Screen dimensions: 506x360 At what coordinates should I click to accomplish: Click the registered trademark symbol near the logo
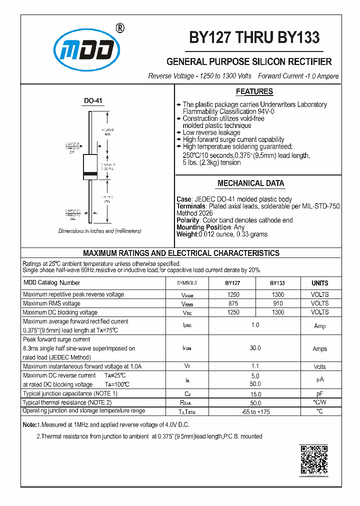coord(119,28)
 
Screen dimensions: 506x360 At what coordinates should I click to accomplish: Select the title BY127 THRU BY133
coord(254,38)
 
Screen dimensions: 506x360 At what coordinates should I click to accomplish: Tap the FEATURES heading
coord(254,91)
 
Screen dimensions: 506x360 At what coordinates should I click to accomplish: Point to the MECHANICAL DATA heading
coord(251,183)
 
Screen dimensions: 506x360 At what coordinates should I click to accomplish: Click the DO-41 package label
coord(93,101)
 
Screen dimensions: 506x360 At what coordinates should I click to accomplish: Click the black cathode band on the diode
coord(90,174)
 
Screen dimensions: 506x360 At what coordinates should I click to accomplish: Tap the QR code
coord(313,459)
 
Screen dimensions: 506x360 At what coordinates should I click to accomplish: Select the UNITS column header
coord(319,283)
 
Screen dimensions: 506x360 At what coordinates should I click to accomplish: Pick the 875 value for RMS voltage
coord(233,303)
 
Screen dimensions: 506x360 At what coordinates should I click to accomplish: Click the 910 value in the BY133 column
coord(277,303)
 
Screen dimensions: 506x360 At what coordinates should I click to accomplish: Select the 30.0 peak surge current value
coord(255,348)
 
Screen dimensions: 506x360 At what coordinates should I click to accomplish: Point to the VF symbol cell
coord(187,366)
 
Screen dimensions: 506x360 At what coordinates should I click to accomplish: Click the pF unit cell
coord(319,394)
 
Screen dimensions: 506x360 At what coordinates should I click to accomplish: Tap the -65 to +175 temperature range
coord(255,412)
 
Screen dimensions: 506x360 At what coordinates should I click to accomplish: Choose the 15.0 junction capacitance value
coord(255,394)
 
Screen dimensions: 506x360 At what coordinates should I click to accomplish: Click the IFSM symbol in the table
coord(187,348)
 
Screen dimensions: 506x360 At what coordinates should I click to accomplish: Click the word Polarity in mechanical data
coord(188,220)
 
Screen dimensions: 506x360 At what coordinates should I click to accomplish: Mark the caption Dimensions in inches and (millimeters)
coord(99,231)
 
